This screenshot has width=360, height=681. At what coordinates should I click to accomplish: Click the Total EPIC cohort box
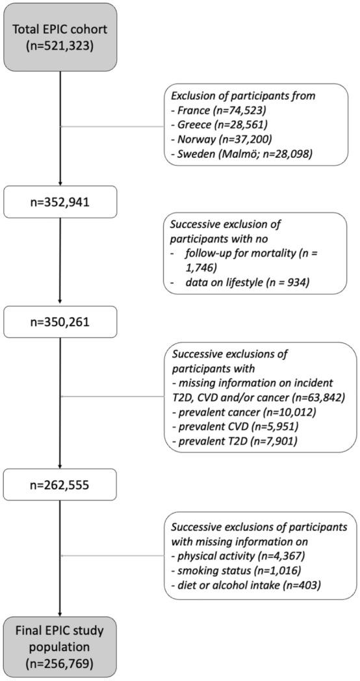60,36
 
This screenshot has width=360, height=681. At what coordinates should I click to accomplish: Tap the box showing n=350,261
60,320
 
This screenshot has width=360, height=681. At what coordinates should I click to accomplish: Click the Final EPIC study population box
60,646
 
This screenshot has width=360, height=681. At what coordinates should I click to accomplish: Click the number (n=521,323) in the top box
60,47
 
